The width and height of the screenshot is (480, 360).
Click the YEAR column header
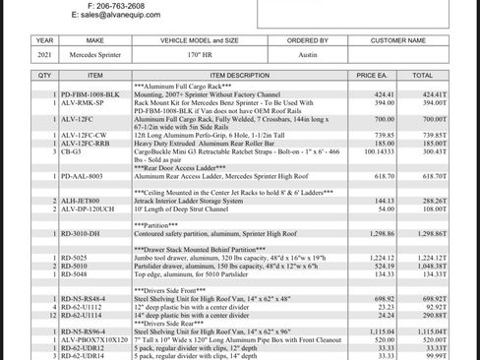[x=44, y=41]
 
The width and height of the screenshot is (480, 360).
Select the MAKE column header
[x=94, y=41]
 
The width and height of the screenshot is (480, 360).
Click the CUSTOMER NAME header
[x=398, y=41]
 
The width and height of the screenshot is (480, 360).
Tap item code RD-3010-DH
[x=80, y=233]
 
